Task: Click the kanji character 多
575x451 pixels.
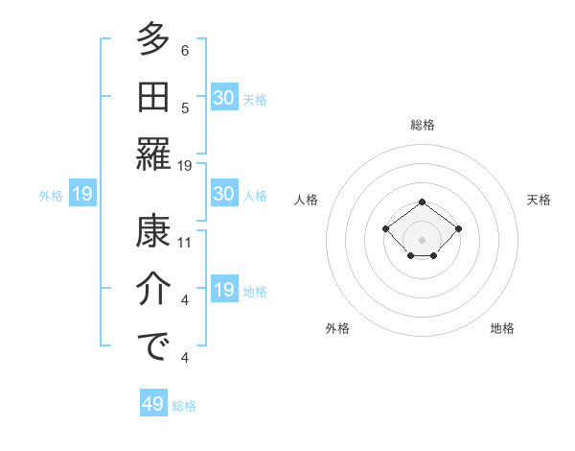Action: click(153, 40)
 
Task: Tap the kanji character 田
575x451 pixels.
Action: click(153, 97)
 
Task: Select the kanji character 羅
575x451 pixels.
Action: click(153, 154)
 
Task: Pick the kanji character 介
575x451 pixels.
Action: click(153, 290)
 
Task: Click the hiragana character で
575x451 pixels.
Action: click(153, 346)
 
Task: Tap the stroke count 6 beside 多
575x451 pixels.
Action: click(185, 51)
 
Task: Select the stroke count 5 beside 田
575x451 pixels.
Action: click(185, 108)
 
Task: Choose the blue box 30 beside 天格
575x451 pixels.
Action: click(224, 98)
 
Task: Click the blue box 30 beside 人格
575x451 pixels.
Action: click(224, 194)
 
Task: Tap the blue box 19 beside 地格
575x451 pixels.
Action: click(224, 290)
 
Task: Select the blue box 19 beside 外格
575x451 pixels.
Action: click(82, 195)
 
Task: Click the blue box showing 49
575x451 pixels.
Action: click(153, 404)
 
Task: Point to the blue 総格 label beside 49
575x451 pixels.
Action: click(185, 406)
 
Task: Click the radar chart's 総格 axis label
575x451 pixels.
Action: click(423, 125)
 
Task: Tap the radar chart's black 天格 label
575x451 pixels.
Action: click(539, 200)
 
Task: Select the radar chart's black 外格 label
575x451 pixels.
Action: click(337, 328)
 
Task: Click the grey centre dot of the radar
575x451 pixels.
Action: click(423, 239)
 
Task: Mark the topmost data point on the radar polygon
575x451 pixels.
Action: click(423, 202)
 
